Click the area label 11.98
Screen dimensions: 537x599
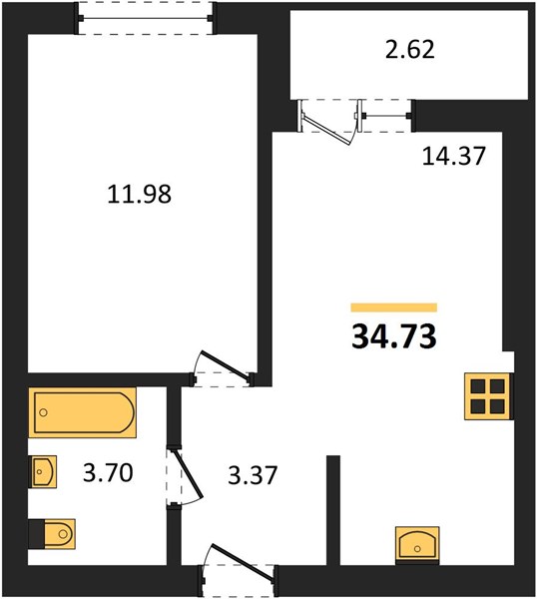point(140,194)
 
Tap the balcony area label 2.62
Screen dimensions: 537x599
point(410,50)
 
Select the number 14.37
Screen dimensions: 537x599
point(453,156)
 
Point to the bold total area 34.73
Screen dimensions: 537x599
point(394,336)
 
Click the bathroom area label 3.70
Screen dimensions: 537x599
point(108,472)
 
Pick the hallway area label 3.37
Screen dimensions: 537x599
point(253,475)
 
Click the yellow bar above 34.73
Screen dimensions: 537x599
point(394,307)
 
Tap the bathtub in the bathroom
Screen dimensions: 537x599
point(83,412)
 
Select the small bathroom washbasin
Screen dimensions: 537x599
point(43,471)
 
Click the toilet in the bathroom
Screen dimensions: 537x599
point(52,534)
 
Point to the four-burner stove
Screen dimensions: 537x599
point(488,396)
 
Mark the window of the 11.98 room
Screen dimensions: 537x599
point(145,18)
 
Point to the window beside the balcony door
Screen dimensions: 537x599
point(385,116)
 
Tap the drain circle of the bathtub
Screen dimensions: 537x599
point(44,412)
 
